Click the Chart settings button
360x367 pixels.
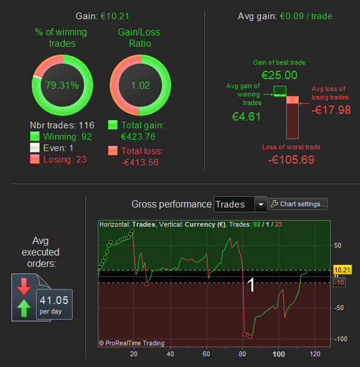pyautogui.click(x=299, y=204)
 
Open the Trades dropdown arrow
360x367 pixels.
pyautogui.click(x=260, y=204)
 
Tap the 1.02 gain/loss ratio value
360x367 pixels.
pyautogui.click(x=140, y=85)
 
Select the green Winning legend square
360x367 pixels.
pyautogui.click(x=35, y=137)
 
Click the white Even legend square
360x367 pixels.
pyautogui.click(x=35, y=148)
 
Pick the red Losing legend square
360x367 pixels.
pyautogui.click(x=35, y=158)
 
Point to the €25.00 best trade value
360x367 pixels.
pyautogui.click(x=279, y=75)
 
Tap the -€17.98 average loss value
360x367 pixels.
pyautogui.click(x=332, y=109)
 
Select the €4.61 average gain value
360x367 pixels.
pyautogui.click(x=246, y=116)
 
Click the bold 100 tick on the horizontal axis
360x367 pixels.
pyautogui.click(x=278, y=354)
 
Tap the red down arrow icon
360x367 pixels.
pyautogui.click(x=24, y=287)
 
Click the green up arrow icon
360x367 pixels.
pyautogui.click(x=24, y=309)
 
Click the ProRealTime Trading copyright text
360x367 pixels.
pyautogui.click(x=131, y=343)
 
